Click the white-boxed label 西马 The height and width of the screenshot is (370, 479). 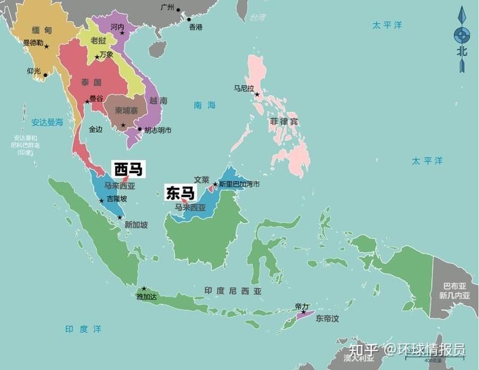(x=129, y=170)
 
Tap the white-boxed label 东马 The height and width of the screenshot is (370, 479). (x=180, y=192)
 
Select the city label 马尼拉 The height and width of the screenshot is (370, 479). (x=245, y=88)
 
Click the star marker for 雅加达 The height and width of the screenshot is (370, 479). (x=144, y=289)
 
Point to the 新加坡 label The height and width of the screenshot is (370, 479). (x=136, y=225)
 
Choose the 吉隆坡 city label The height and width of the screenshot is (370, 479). (x=117, y=199)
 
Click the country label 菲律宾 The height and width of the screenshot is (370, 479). (x=284, y=122)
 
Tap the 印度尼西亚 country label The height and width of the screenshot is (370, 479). (x=233, y=291)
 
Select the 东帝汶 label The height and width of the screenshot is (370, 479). (x=328, y=319)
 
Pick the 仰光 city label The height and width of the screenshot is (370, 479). (x=34, y=71)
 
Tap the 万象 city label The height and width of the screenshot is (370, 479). (x=106, y=54)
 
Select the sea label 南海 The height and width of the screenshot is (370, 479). (x=204, y=105)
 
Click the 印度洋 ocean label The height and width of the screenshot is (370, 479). (x=83, y=329)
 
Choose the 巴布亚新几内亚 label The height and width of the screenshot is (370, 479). (x=454, y=291)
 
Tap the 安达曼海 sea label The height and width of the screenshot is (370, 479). (x=47, y=122)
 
